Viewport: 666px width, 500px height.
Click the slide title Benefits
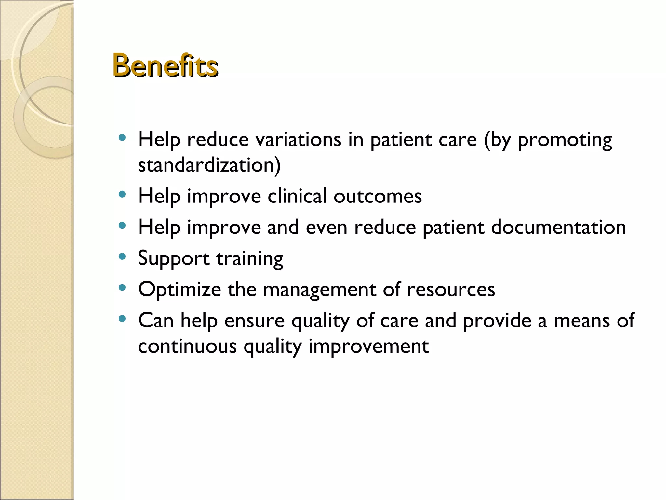point(165,66)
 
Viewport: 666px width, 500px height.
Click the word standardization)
point(209,165)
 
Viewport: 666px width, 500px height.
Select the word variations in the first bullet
point(298,139)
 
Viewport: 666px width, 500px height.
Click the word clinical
point(297,196)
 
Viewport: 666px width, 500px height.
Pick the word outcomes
point(378,197)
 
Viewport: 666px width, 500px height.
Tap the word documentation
point(558,227)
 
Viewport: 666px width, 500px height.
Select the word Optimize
point(180,289)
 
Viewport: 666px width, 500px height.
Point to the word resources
point(451,289)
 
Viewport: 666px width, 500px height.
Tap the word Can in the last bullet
point(156,320)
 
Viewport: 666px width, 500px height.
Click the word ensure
point(255,321)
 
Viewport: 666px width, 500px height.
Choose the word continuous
point(187,346)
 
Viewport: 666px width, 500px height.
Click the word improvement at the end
point(368,346)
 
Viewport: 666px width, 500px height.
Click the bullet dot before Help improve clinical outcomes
point(122,195)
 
